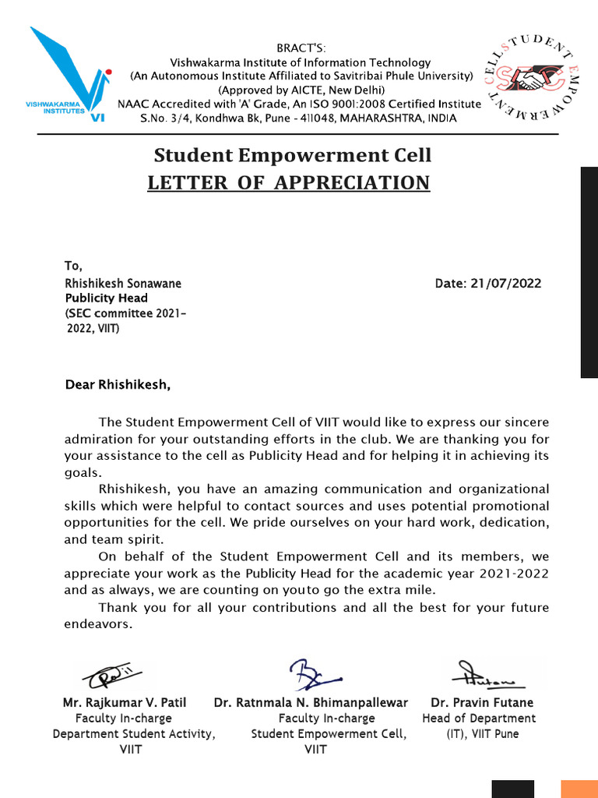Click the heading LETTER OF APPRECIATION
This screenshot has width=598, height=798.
point(289,182)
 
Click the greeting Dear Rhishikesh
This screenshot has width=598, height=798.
point(117,384)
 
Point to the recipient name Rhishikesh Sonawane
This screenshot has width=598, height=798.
point(122,284)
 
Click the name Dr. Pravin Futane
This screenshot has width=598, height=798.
point(482,702)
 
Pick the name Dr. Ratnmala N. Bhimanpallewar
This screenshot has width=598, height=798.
point(311,702)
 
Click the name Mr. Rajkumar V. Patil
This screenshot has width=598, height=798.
point(125,702)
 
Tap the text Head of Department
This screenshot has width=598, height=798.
point(479,718)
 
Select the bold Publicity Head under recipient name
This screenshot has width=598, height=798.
point(106,298)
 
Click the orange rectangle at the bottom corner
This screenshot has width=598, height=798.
point(579,789)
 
